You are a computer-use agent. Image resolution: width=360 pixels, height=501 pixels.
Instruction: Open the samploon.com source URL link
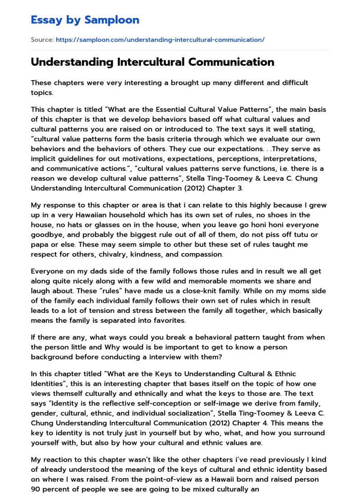point(160,40)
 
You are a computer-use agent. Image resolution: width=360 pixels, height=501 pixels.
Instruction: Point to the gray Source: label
point(42,40)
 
